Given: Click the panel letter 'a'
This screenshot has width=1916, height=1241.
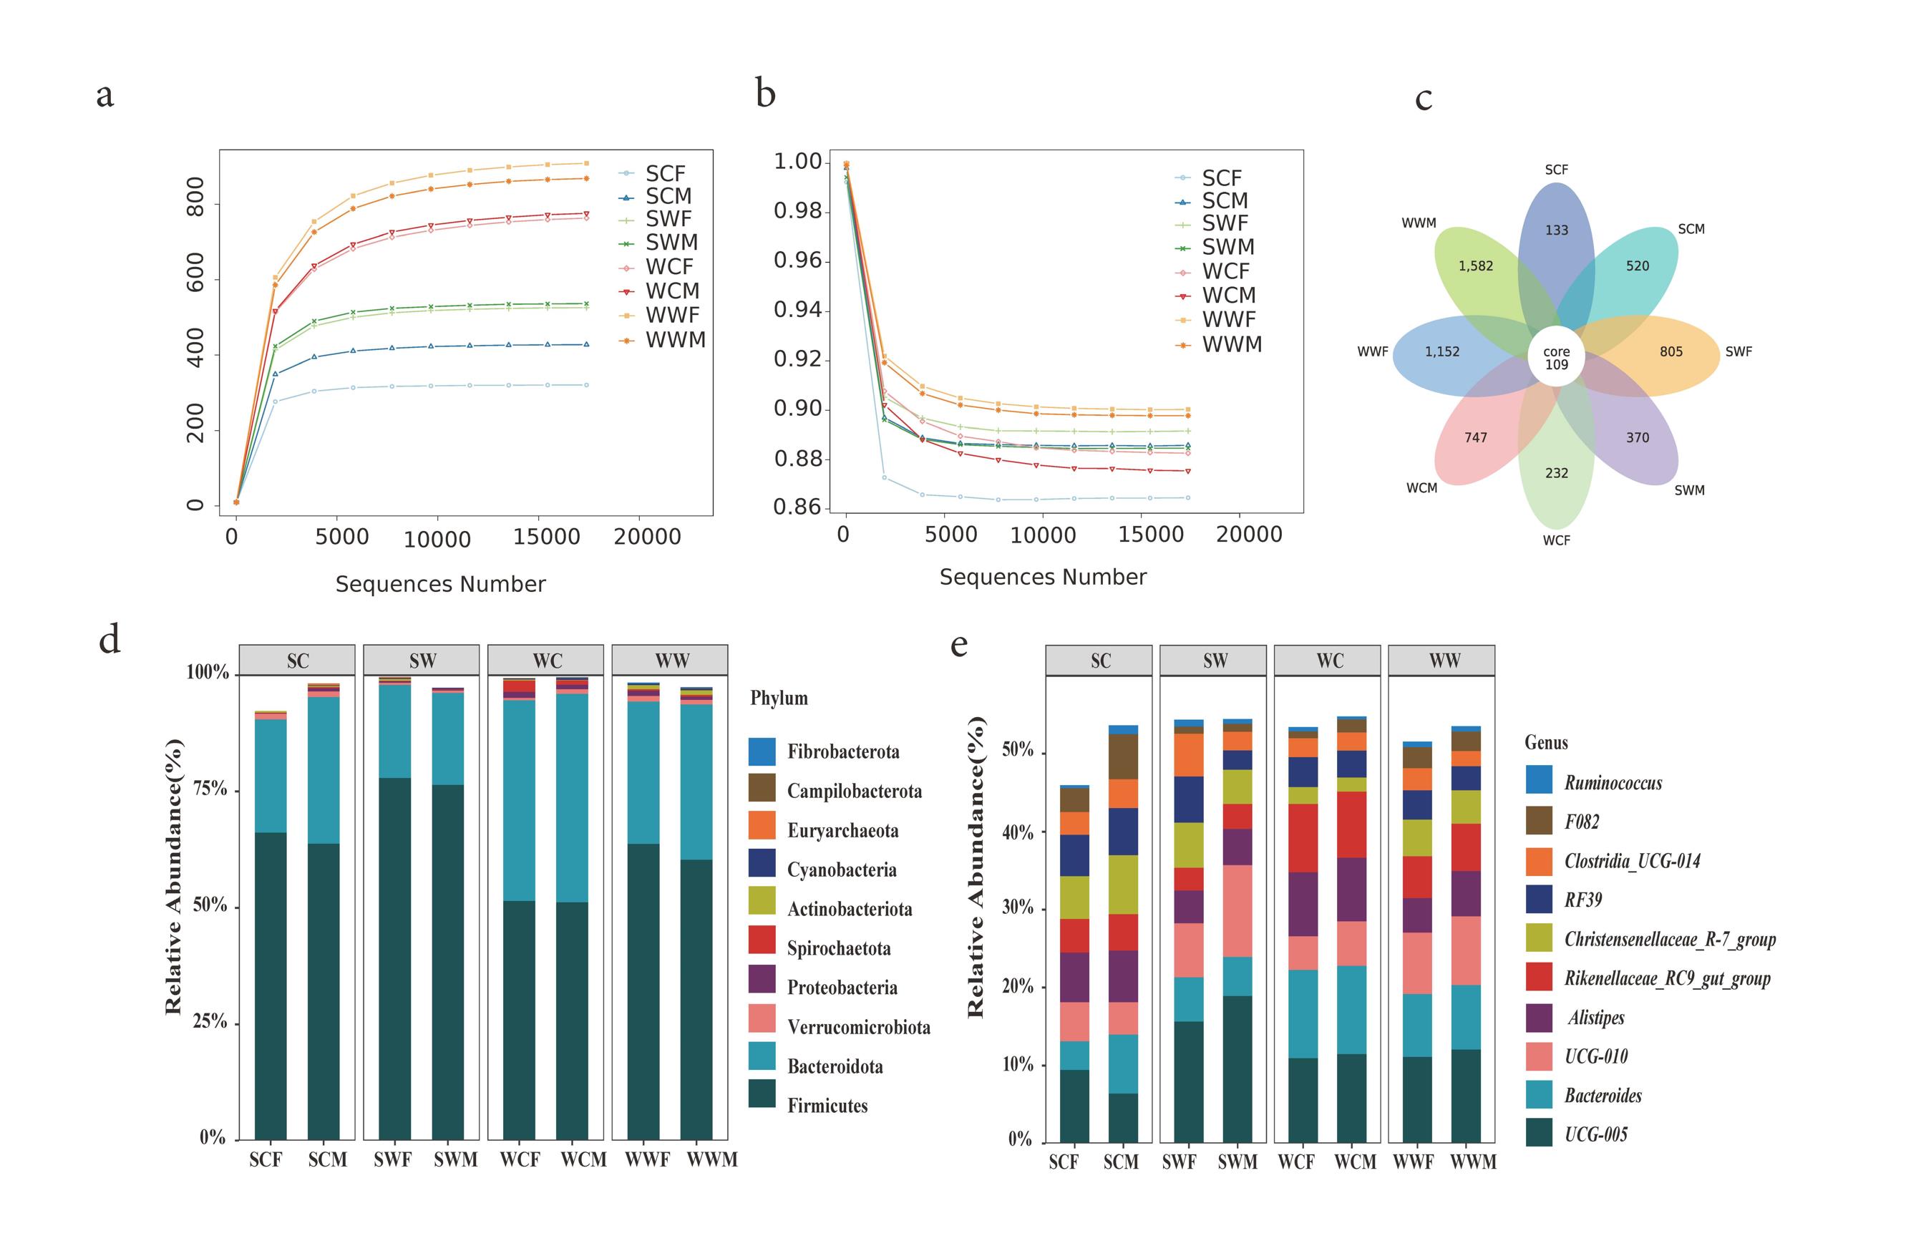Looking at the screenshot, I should (x=104, y=96).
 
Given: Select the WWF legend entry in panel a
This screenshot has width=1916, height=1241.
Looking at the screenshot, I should (x=672, y=316).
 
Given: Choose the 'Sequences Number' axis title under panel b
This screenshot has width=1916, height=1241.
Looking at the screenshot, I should (x=1043, y=577).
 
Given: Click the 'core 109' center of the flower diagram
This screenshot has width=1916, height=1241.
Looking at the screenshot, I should (x=1555, y=358).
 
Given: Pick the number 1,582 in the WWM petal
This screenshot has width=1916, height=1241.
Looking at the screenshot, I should (x=1475, y=266).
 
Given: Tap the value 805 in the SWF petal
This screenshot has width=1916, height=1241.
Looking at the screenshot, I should (x=1671, y=351).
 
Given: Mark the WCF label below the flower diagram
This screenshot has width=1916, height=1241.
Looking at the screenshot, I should (x=1555, y=540).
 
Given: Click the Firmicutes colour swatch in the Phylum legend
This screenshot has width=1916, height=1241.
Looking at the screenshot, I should (x=762, y=1094).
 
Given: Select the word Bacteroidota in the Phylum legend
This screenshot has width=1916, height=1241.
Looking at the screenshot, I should (x=835, y=1066).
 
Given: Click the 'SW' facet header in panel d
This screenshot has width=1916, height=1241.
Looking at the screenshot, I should (x=422, y=661).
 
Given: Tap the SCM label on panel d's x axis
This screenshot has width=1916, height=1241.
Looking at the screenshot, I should (x=327, y=1159).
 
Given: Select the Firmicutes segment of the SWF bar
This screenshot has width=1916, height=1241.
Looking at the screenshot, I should (x=394, y=958).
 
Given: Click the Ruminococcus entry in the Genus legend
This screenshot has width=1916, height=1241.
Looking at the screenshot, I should (x=1613, y=782).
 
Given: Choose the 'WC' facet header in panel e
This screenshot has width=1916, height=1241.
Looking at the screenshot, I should (x=1330, y=661).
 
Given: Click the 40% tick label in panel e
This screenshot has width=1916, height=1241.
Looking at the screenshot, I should (x=1017, y=832).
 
